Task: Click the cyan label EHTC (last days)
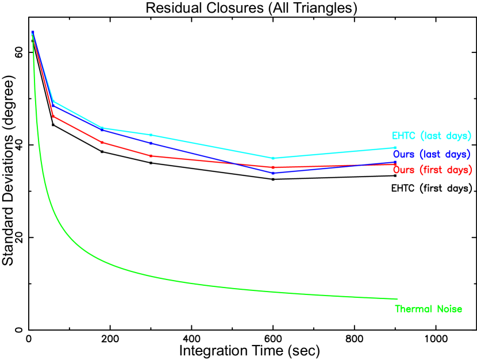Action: [431, 136]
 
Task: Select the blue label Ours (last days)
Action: [431, 155]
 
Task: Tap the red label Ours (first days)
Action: [432, 170]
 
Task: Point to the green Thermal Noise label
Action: [428, 309]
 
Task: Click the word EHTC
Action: [403, 136]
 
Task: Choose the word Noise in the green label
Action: [449, 309]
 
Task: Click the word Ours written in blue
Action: [404, 155]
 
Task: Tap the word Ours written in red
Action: [404, 170]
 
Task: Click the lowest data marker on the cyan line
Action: [273, 158]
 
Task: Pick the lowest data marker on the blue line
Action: [273, 173]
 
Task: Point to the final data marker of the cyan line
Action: [395, 148]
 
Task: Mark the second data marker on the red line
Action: [53, 117]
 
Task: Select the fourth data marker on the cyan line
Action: [151, 135]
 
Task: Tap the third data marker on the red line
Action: [102, 142]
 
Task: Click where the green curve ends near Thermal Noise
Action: [397, 299]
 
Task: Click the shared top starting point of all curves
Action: [33, 33]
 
